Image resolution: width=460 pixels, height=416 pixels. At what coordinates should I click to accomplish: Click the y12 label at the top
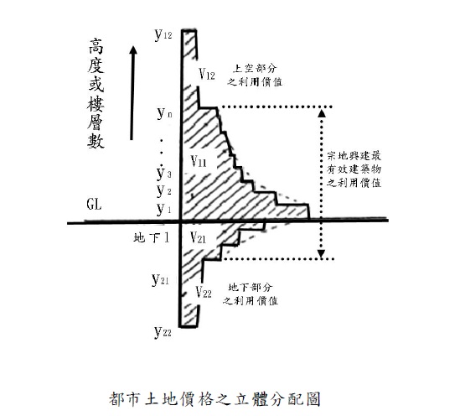[163, 35]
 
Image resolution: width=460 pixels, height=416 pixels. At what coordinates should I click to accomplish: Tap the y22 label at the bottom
[163, 332]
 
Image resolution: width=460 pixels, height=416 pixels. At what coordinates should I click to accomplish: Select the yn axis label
[164, 113]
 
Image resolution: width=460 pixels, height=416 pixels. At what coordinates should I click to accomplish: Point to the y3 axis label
[163, 174]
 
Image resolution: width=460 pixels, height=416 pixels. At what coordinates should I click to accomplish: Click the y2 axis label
[163, 191]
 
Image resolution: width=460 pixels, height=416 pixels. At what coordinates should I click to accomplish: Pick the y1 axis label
[163, 209]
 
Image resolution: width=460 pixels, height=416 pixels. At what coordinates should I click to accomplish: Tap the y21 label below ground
[160, 279]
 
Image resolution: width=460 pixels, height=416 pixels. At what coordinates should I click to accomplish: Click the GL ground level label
[94, 205]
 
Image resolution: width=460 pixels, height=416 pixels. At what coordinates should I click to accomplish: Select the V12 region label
[207, 74]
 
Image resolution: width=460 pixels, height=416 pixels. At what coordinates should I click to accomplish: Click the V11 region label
[199, 161]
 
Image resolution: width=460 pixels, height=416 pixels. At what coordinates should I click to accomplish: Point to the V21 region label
[198, 237]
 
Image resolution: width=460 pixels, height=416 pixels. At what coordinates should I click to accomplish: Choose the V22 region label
[204, 292]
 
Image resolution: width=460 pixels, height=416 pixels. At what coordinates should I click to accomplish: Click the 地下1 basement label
[152, 238]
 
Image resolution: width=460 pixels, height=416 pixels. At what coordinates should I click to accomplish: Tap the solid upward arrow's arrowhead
[133, 50]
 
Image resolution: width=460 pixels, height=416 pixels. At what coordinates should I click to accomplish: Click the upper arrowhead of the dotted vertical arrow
[322, 113]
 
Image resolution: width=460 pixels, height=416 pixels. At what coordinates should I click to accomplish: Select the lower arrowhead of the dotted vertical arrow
[322, 253]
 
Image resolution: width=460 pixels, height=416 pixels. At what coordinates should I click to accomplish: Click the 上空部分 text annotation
[255, 69]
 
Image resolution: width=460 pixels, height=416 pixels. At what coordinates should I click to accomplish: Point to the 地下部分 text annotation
[250, 287]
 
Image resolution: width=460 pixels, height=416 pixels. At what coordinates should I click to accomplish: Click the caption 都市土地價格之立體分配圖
[214, 398]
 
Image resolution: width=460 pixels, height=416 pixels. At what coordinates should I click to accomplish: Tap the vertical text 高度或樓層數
[96, 93]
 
